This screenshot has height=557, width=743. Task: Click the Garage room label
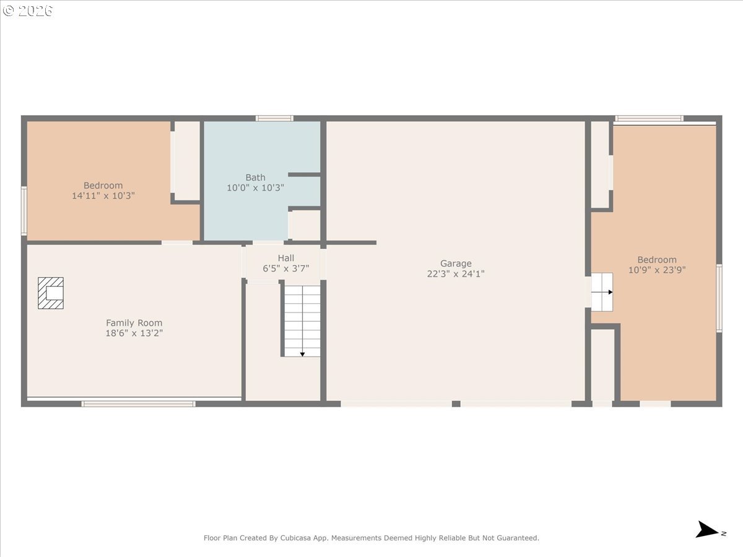(x=456, y=263)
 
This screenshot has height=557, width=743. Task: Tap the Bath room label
(x=255, y=177)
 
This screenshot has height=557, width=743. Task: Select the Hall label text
(x=285, y=258)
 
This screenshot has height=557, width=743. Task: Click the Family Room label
(x=134, y=323)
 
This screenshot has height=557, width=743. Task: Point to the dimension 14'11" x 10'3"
(x=103, y=196)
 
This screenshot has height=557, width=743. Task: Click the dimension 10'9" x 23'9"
(x=657, y=270)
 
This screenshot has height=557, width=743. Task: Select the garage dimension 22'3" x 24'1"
(x=456, y=274)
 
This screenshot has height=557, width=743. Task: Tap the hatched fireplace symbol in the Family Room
(x=51, y=293)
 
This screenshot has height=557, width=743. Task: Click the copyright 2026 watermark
(x=27, y=11)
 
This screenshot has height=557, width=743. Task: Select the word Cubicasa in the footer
(x=294, y=538)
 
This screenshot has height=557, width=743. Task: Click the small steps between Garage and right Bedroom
(x=602, y=292)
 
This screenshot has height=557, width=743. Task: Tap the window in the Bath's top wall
(x=274, y=118)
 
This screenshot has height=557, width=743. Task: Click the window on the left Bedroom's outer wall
(x=24, y=210)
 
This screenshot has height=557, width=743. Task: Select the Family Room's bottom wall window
(x=139, y=404)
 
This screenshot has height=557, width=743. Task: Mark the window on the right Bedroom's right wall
(x=719, y=298)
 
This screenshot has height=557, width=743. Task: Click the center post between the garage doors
(x=456, y=404)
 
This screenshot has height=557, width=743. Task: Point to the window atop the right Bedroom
(x=649, y=118)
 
